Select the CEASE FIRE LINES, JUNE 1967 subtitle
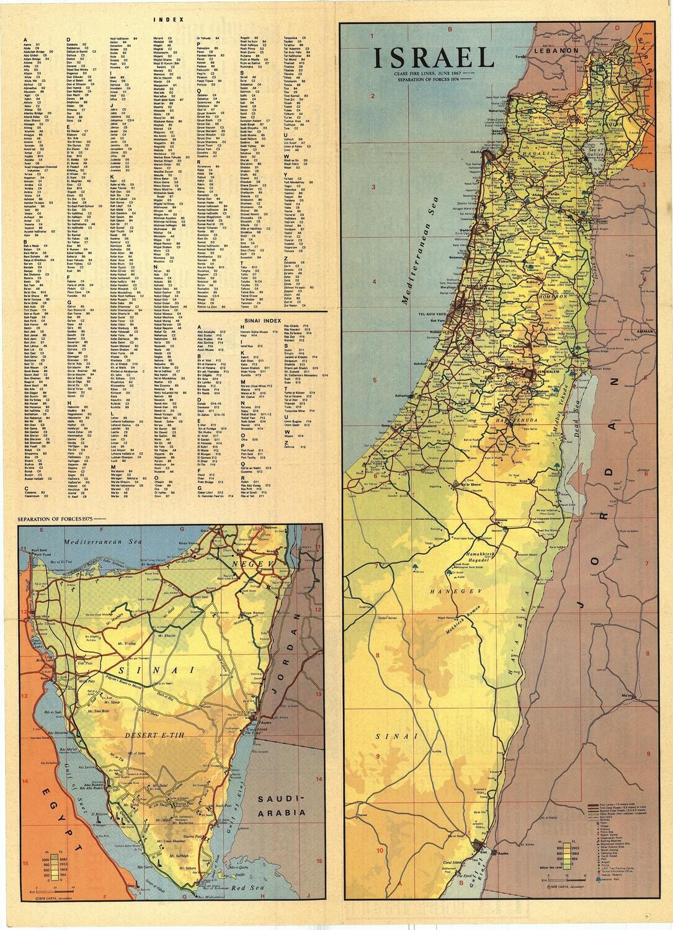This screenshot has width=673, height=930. pyautogui.click(x=429, y=74)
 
